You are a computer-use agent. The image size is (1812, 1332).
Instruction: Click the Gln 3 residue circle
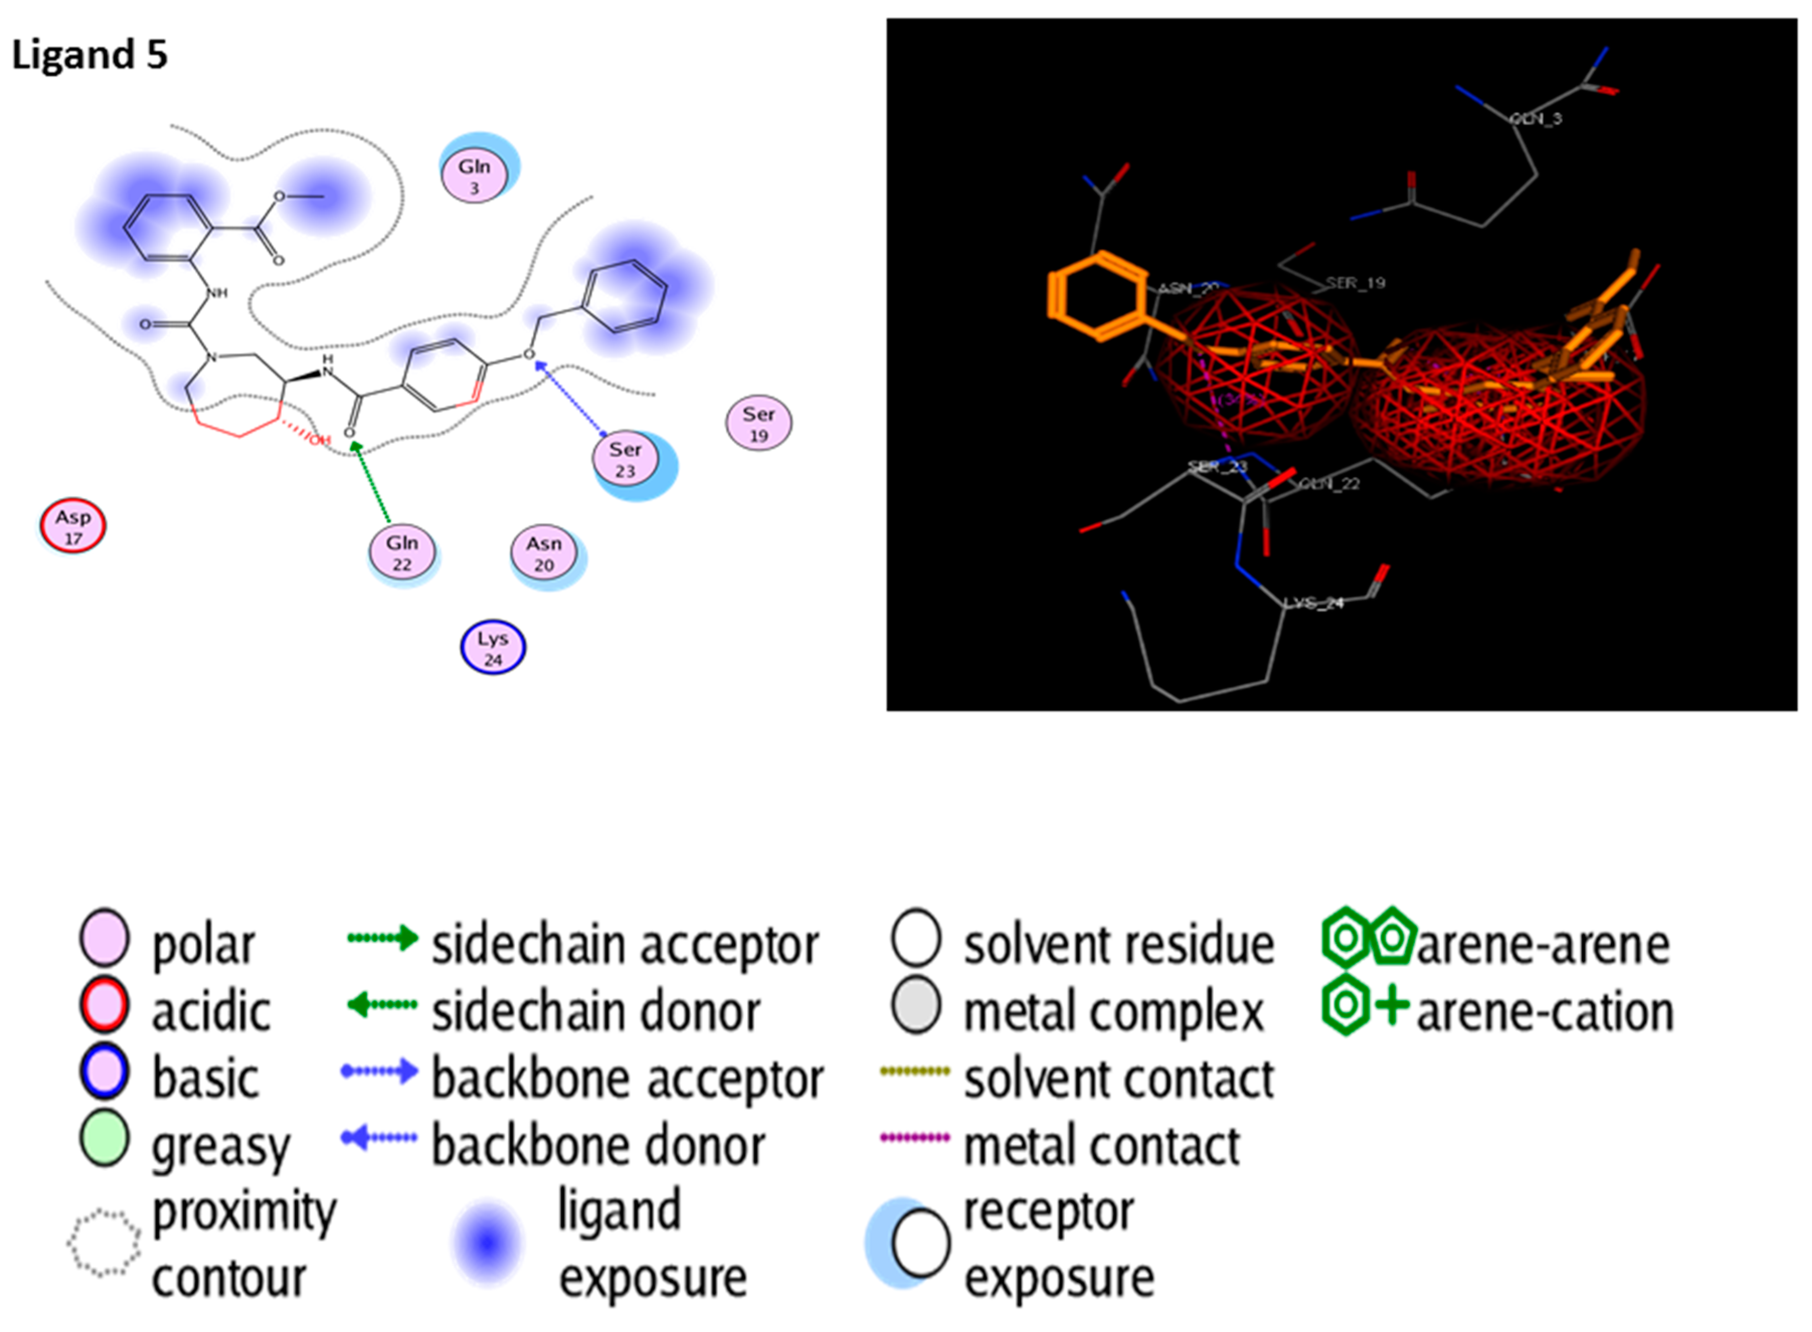(x=474, y=176)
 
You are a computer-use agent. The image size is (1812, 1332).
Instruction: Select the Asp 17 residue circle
(x=72, y=526)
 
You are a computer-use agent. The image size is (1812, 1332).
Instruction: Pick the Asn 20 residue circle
(x=544, y=553)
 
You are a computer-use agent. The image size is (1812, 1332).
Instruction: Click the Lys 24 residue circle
(x=493, y=648)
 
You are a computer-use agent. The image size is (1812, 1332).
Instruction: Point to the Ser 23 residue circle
(x=625, y=459)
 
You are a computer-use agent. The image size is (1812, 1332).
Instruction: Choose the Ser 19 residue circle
(x=758, y=423)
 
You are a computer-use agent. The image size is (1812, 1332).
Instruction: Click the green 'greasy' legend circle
(x=105, y=1138)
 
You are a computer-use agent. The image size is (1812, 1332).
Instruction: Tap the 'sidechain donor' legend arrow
(x=382, y=1005)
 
